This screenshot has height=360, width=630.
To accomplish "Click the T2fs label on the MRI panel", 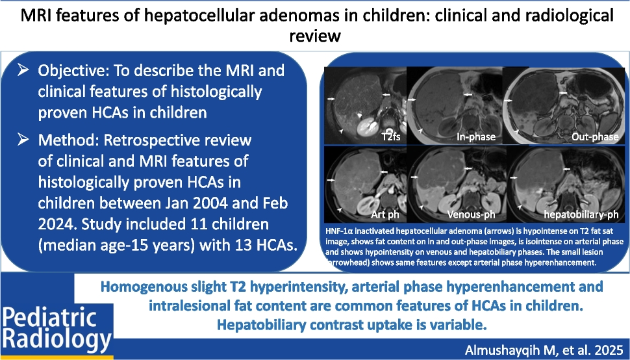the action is (x=391, y=137).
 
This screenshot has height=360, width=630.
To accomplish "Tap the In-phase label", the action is (x=476, y=137).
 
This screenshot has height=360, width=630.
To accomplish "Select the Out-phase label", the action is (x=595, y=137).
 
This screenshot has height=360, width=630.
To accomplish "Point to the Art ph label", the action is (x=385, y=214).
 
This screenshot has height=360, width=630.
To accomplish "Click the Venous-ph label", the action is (x=472, y=214).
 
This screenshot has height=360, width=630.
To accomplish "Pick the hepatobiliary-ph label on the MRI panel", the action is (x=581, y=214).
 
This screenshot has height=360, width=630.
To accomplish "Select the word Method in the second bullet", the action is (x=68, y=140).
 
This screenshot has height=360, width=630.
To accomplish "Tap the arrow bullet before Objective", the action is (x=23, y=70).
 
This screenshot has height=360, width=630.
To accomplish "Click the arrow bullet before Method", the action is (x=23, y=140).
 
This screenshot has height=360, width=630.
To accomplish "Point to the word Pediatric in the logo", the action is (x=50, y=317).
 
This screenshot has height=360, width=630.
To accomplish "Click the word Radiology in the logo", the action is (x=57, y=339).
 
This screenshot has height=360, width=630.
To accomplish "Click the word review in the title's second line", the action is (x=315, y=35).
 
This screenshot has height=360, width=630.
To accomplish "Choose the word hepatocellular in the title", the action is (x=199, y=15).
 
